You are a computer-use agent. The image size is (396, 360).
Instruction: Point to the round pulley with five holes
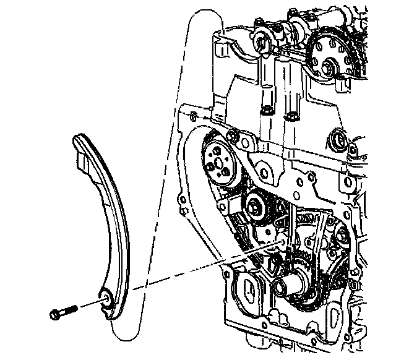click(221, 163)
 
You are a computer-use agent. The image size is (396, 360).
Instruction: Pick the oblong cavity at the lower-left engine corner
click(248, 291)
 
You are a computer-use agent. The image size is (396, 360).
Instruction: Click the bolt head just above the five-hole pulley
click(234, 134)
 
